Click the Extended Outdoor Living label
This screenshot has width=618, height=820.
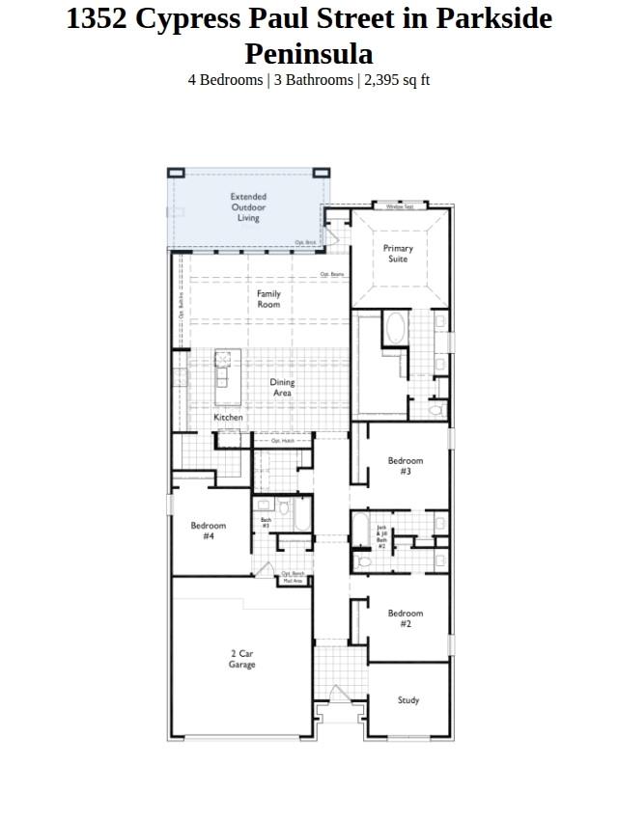coord(248,207)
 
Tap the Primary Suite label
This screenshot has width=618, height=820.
coord(398,254)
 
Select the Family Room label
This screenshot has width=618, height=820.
coord(268,299)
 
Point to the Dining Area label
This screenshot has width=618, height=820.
coord(282,388)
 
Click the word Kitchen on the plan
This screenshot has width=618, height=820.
coord(228,418)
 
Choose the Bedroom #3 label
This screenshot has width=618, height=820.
coord(406,466)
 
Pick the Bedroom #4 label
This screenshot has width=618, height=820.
coord(209,531)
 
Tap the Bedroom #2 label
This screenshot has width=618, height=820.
coord(406,618)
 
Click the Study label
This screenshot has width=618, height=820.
coord(408,700)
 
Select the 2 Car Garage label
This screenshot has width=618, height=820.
coord(241,659)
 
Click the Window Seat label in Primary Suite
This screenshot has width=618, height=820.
coord(400,206)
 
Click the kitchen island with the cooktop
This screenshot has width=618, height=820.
coord(223,369)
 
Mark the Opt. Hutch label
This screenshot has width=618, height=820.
coord(282,441)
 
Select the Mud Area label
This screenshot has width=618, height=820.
coord(292,581)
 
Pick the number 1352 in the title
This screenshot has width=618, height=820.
coord(97,19)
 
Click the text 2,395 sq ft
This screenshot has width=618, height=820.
coord(396,80)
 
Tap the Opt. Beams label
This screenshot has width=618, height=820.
coord(331,275)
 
